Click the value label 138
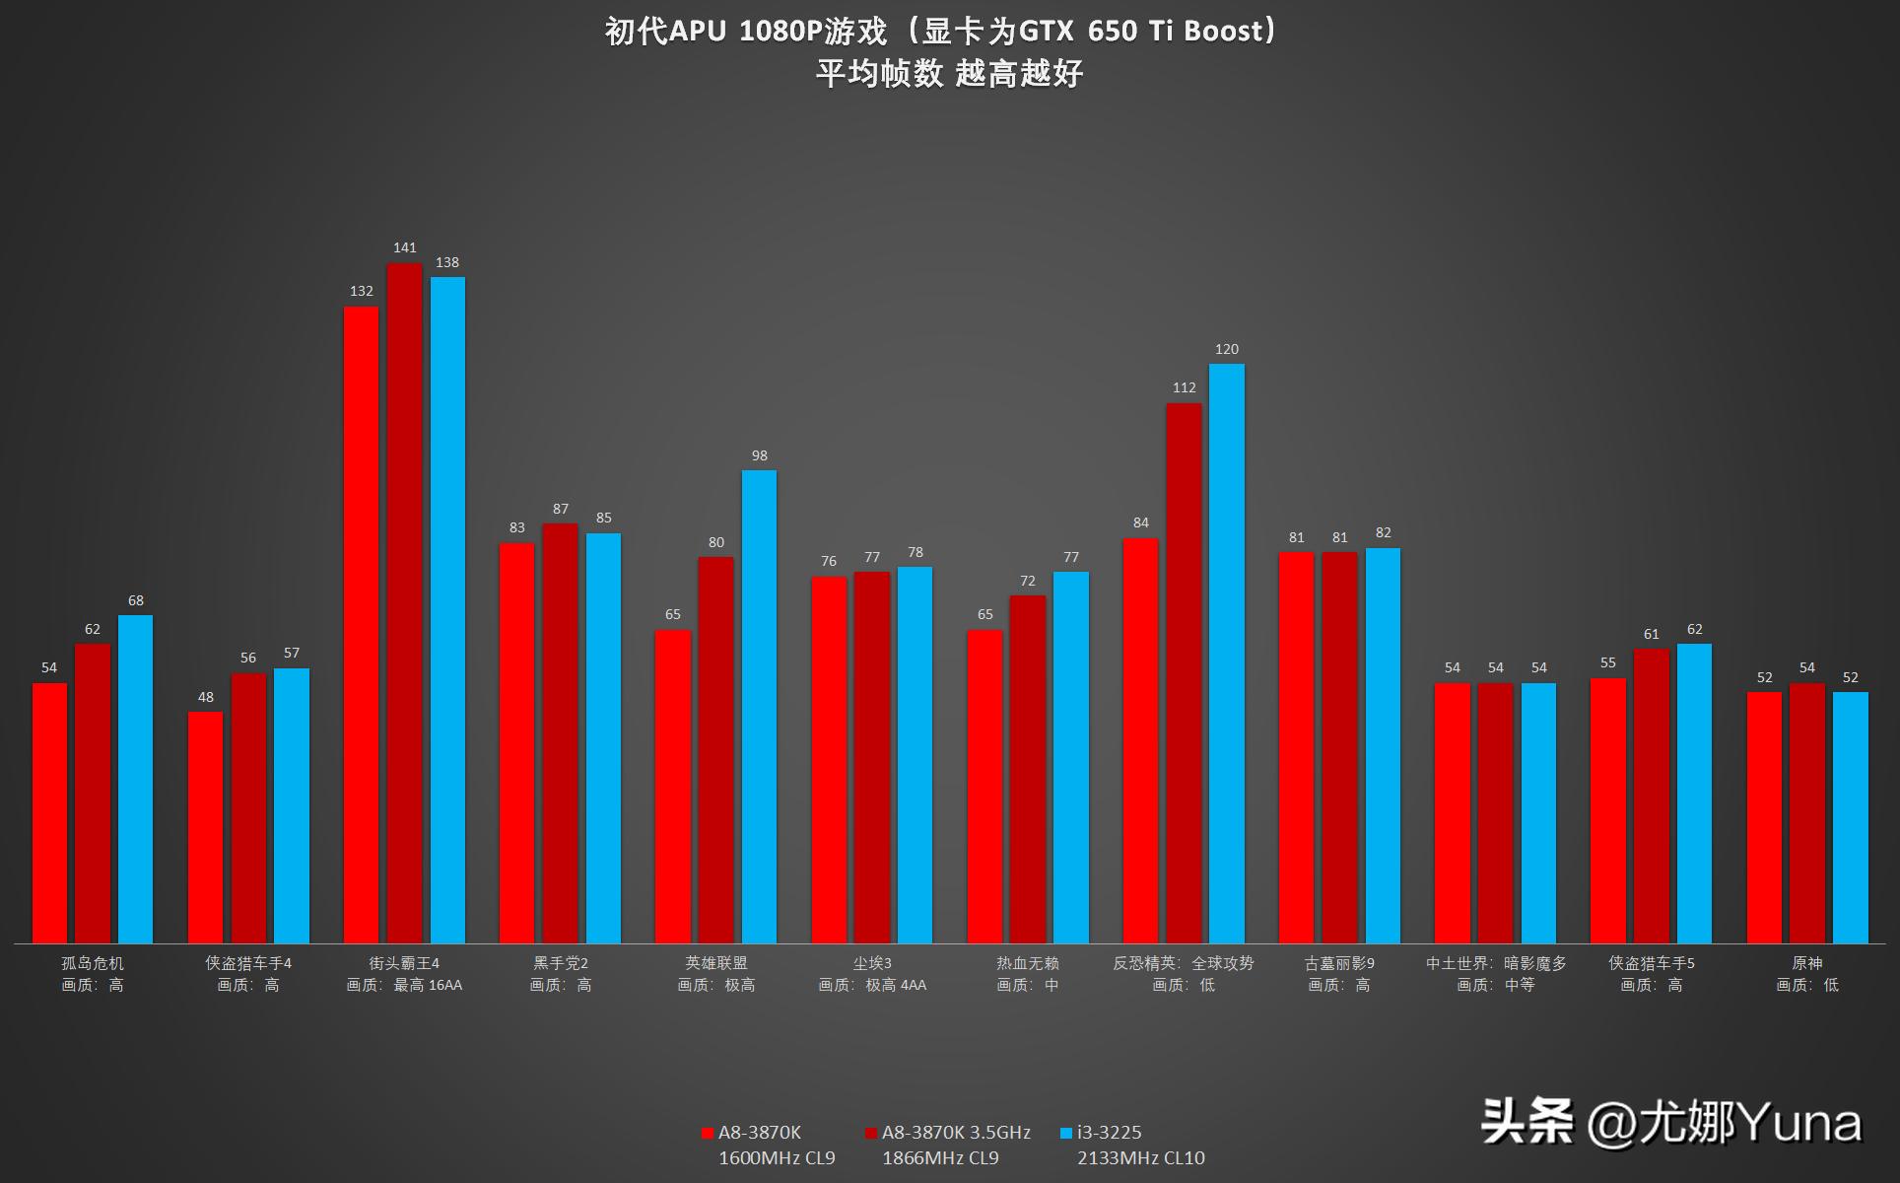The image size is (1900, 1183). pos(447,262)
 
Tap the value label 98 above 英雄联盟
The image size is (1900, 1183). pos(759,455)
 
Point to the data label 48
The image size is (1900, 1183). pos(205,697)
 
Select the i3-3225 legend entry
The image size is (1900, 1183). pos(1108,1133)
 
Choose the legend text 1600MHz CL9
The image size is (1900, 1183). pos(777,1157)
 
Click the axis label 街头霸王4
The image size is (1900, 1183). pos(404,963)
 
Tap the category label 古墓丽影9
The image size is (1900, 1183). pos(1339,963)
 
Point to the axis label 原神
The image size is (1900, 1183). pos(1806,963)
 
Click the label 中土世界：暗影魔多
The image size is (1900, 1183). pos(1495,963)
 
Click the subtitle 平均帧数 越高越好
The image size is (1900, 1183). pos(949,73)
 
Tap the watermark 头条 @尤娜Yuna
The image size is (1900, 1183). pos(1670,1123)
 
